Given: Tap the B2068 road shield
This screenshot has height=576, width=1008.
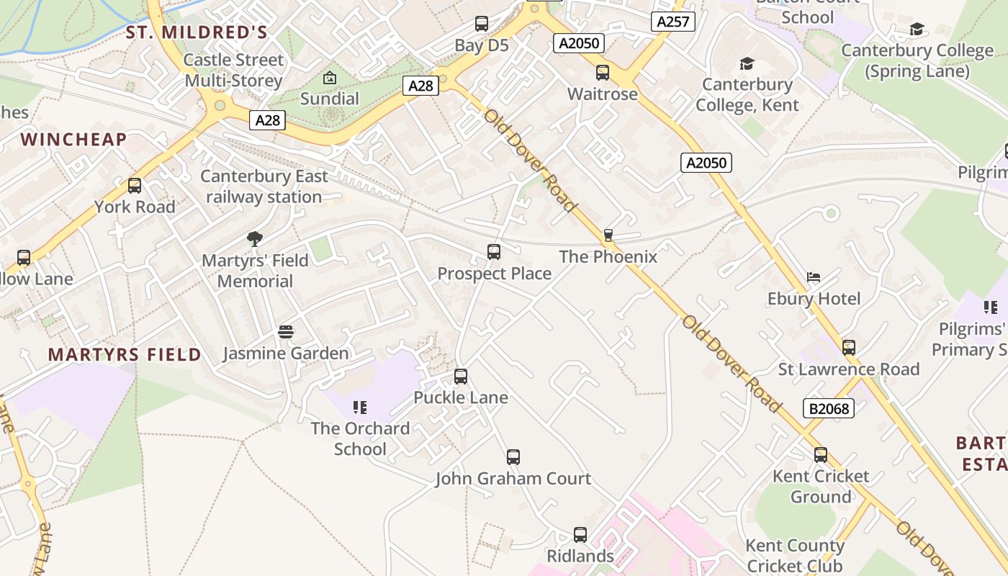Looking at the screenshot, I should (x=828, y=409).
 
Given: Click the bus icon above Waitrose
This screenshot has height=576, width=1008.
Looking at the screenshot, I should (x=603, y=73).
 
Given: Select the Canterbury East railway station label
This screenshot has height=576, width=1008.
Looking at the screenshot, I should (x=264, y=186).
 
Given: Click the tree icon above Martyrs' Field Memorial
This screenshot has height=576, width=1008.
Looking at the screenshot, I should (x=254, y=239).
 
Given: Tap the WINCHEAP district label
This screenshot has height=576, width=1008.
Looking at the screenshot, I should (x=74, y=140).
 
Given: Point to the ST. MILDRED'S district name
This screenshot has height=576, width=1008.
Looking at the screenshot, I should (x=197, y=32).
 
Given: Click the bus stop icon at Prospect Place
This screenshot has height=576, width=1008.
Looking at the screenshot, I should (x=493, y=252).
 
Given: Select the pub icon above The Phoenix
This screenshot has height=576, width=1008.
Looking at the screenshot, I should (x=608, y=235).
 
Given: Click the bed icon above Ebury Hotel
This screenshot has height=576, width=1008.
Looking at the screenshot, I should (x=814, y=277).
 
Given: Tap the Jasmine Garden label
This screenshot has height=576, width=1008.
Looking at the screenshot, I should (x=286, y=354).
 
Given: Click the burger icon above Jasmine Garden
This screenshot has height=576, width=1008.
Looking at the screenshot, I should (x=286, y=332).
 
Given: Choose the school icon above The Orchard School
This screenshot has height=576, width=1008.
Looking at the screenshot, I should (x=360, y=408).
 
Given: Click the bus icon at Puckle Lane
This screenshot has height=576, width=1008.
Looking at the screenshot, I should (x=461, y=376).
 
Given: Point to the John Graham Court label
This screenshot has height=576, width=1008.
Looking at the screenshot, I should (x=513, y=478).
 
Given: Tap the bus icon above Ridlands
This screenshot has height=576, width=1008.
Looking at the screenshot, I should (x=580, y=534).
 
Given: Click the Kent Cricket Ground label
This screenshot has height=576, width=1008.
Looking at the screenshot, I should (x=821, y=486).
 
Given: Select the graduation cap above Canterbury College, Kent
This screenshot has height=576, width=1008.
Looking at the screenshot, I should (x=747, y=63).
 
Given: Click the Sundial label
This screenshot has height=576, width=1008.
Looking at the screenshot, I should (x=330, y=99).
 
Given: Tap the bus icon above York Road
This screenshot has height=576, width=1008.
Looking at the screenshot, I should (x=135, y=186).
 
